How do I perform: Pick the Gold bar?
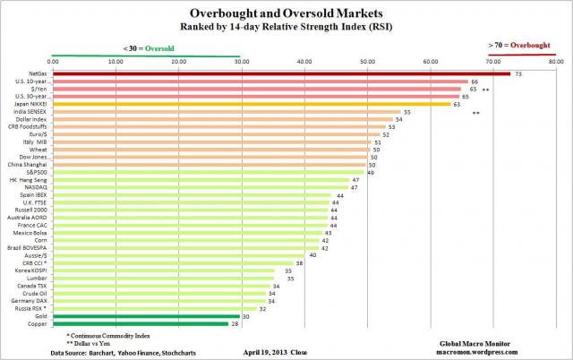point(147,315)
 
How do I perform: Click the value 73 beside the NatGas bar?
point(518,73)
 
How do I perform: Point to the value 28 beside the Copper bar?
point(235,323)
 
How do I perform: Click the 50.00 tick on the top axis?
point(367,61)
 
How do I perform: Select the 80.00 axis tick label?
point(555,61)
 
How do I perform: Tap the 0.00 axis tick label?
point(53,61)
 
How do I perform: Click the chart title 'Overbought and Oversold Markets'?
point(286,13)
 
